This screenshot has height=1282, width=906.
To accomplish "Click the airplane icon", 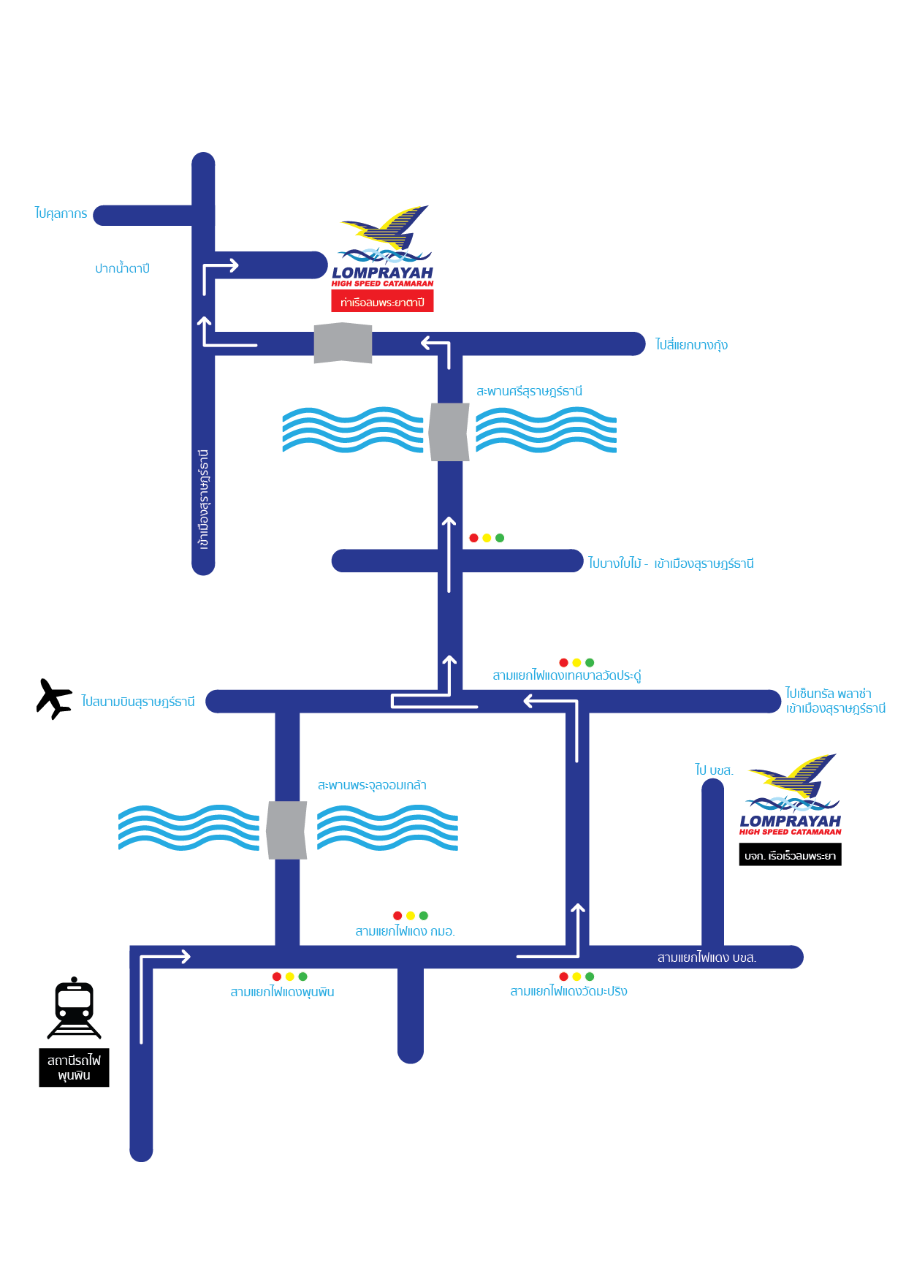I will click(54, 699).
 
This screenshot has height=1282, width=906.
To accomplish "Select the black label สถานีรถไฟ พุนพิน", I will click(74, 1068).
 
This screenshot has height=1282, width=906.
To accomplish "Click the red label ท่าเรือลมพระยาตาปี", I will click(382, 302).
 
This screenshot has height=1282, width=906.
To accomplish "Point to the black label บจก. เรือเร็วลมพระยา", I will click(790, 855).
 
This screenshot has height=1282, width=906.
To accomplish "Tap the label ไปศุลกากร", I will click(61, 213).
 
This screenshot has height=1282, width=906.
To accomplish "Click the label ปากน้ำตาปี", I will click(122, 268).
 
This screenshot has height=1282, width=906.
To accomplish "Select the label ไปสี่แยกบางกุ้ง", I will click(691, 344).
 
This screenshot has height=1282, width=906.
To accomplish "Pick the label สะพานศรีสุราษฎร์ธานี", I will click(529, 391).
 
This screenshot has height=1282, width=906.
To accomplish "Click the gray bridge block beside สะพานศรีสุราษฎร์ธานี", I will click(449, 432).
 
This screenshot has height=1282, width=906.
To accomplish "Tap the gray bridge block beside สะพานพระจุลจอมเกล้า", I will click(286, 830).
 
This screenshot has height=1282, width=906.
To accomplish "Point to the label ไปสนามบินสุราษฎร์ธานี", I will click(138, 702).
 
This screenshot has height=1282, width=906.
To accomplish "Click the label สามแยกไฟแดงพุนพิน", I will click(282, 992).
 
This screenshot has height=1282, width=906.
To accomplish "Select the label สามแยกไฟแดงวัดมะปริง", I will click(568, 991).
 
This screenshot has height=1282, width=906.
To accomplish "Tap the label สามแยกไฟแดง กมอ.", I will click(405, 931).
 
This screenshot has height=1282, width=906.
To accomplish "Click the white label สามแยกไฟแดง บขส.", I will click(707, 957).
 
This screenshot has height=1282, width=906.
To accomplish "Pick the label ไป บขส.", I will click(714, 770).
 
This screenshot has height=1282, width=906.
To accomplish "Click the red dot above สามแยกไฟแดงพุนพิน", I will click(277, 976).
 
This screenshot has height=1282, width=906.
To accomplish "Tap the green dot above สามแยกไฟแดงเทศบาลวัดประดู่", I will click(590, 663).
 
